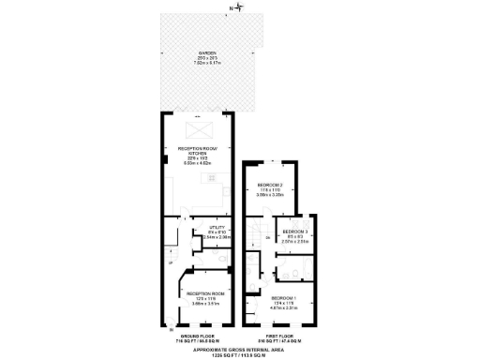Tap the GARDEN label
pyautogui.click(x=198, y=52)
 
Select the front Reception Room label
pyautogui.click(x=199, y=295)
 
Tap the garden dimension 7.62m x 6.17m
pyautogui.click(x=198, y=62)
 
